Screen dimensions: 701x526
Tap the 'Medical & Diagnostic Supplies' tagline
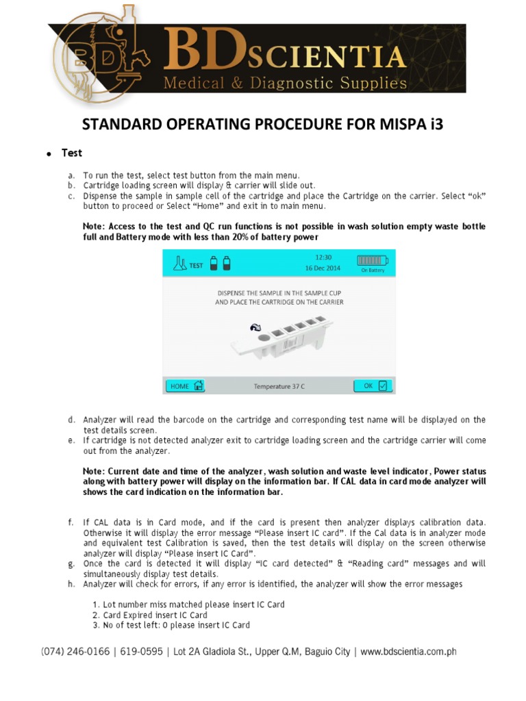[x=284, y=84]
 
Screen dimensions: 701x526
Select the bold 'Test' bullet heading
[x=73, y=153]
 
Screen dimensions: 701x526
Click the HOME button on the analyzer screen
[x=185, y=386]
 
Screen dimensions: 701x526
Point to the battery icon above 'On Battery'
[x=372, y=260]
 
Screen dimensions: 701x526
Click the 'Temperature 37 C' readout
[x=279, y=387]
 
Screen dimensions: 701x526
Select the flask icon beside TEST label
[x=180, y=264]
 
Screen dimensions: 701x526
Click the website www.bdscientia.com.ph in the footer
[x=408, y=652]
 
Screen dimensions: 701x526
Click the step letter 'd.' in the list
[x=71, y=420]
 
